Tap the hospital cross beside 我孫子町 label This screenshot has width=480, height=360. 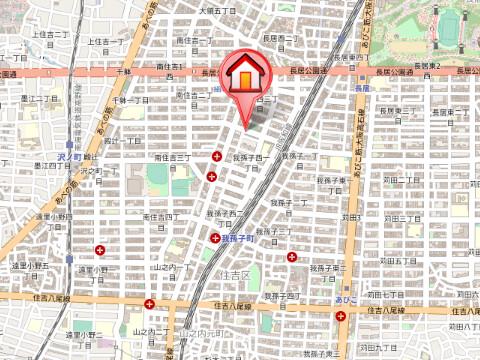coord(216,238)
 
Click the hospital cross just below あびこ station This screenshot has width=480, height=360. coord(342,317)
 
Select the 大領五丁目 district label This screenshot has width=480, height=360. coord(216,10)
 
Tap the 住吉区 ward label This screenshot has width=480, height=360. coord(238,273)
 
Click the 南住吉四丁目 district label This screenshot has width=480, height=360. coord(161,215)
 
